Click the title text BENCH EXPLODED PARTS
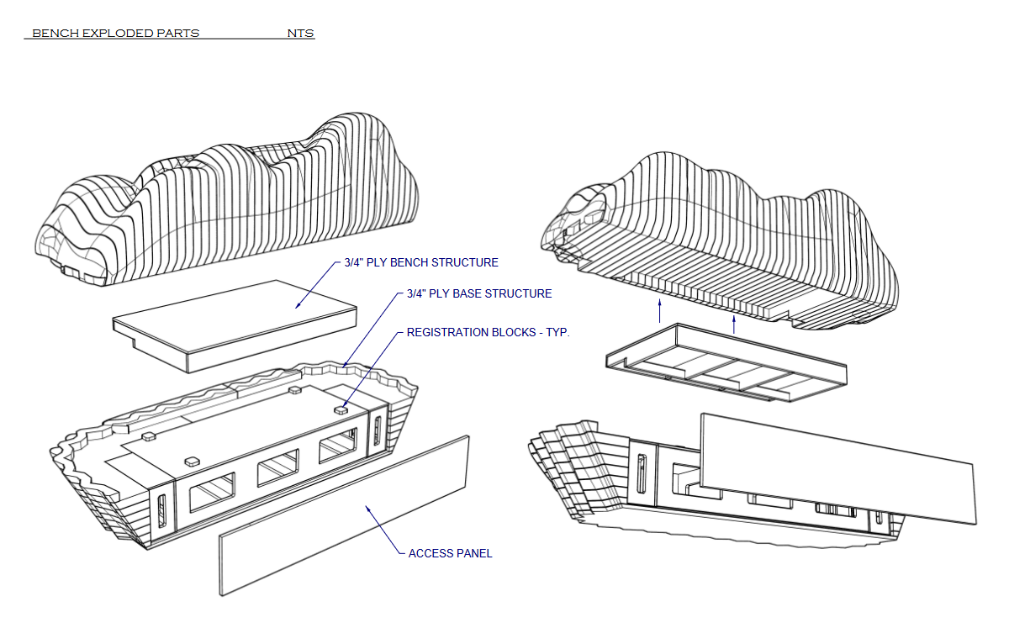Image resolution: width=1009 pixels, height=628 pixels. pyautogui.click(x=115, y=34)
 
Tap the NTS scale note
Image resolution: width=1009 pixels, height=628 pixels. pyautogui.click(x=300, y=34)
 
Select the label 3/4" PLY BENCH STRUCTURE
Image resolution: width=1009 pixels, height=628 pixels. pyautogui.click(x=421, y=262)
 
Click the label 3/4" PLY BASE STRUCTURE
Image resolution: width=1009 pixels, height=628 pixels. pyautogui.click(x=479, y=293)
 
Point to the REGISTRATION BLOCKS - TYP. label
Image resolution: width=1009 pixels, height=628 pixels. pyautogui.click(x=488, y=332)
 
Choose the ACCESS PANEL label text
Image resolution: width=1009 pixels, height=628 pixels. pyautogui.click(x=450, y=553)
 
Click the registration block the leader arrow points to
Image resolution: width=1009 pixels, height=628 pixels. pyautogui.click(x=341, y=409)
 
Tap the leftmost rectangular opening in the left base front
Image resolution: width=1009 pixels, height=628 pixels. pyautogui.click(x=213, y=492)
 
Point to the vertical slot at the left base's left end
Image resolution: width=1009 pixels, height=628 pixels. pyautogui.click(x=161, y=512)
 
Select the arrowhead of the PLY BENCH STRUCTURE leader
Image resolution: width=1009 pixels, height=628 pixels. pyautogui.click(x=296, y=306)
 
